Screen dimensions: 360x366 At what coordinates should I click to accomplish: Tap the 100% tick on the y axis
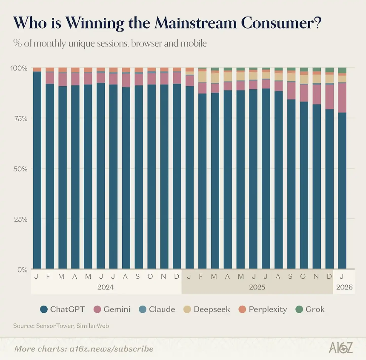coord(18,68)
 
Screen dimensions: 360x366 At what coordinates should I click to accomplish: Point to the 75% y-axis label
coord(20,118)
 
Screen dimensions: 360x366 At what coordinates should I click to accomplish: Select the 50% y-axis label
coord(20,169)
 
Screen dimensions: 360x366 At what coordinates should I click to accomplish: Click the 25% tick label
coord(20,219)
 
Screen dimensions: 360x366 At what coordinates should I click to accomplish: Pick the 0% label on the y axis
coord(22,269)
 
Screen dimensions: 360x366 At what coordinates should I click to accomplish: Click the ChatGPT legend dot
coord(43,309)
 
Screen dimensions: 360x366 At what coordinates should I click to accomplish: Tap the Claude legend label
coord(162,309)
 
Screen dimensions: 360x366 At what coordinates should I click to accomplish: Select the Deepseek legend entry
coord(212,309)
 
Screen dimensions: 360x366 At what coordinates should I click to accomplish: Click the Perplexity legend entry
coord(268,309)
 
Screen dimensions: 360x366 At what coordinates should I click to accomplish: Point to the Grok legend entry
coord(315,309)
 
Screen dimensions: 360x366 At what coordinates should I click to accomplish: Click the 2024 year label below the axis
coord(106,287)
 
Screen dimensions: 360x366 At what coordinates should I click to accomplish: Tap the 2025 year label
coord(257,287)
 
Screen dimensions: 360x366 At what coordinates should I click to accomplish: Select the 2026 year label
coord(344,287)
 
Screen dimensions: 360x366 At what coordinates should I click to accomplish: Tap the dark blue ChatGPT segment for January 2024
coord(37,170)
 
